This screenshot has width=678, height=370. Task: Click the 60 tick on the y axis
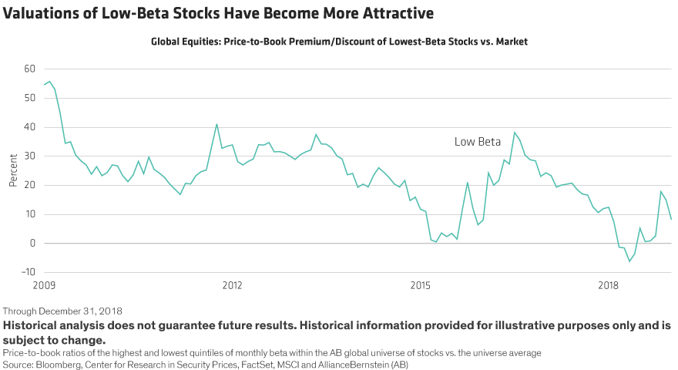30,69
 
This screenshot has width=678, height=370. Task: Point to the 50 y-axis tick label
30,99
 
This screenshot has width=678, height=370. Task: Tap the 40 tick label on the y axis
30,127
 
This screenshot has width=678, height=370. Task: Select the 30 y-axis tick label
30,156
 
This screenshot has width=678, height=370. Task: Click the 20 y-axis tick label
30,185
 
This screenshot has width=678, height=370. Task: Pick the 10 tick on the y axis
30,214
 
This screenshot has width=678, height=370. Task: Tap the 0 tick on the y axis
32,244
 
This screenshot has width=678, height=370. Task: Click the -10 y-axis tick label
29,272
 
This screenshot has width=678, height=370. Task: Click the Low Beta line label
477,142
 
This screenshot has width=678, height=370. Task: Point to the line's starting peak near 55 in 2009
49,81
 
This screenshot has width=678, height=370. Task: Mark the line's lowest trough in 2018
629,262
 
